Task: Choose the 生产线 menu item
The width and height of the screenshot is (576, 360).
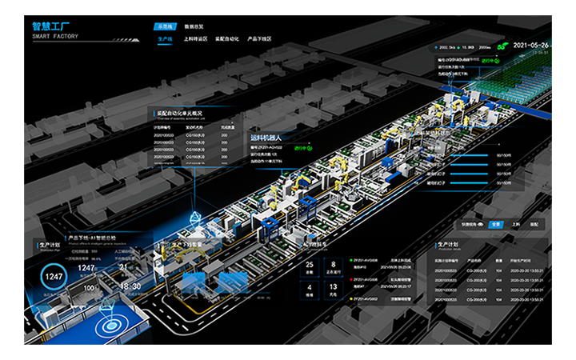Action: pyautogui.click(x=165, y=38)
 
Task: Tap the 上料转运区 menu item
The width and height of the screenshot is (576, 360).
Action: pyautogui.click(x=195, y=38)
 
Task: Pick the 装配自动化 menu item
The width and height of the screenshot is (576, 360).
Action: pyautogui.click(x=227, y=38)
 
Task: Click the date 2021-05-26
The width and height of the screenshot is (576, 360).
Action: pyautogui.click(x=531, y=46)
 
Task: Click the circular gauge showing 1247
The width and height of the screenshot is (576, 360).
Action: pyautogui.click(x=54, y=277)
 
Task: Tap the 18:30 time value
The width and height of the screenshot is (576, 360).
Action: pyautogui.click(x=130, y=286)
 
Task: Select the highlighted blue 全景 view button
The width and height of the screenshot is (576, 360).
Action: pyautogui.click(x=496, y=224)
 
